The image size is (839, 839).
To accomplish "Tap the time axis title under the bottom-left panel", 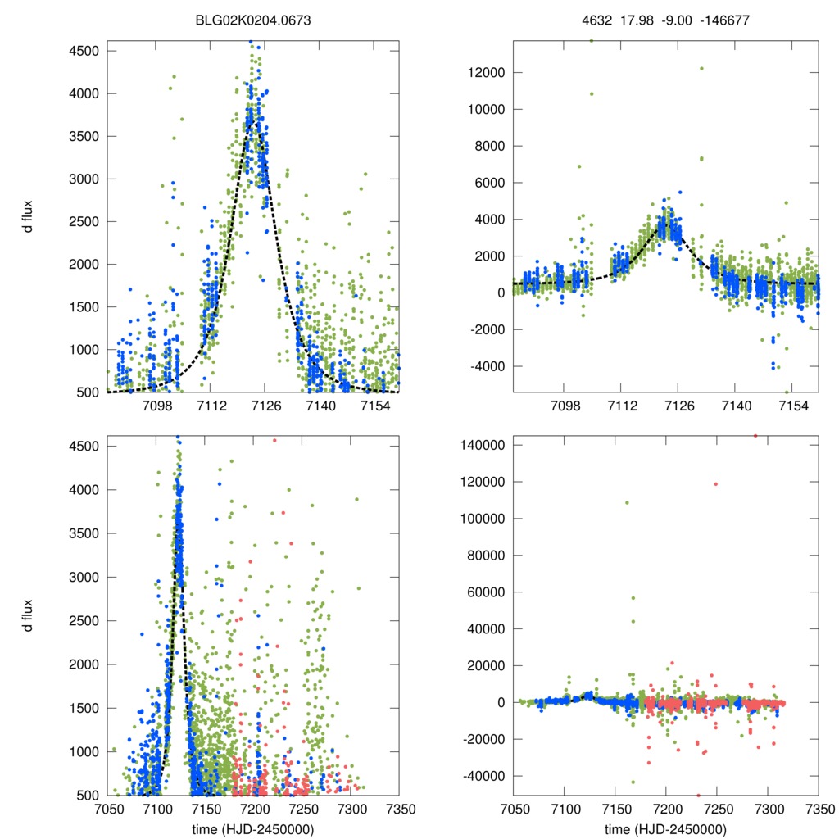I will coord(253,828).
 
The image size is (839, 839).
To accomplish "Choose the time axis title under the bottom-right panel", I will coord(665,828).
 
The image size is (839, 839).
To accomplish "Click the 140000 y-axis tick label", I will coord(478,446).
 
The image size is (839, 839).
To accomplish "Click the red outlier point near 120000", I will coord(715,483).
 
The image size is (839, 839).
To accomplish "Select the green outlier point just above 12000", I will coord(701,69).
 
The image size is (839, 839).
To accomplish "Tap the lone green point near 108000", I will coord(627,502).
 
